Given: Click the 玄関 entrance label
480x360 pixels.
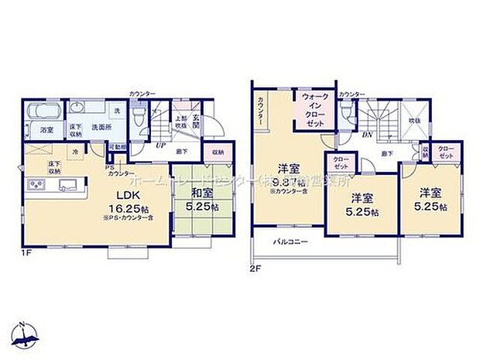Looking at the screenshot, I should pos(196,120).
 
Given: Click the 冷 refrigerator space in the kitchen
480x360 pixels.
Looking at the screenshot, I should pos(74,153).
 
